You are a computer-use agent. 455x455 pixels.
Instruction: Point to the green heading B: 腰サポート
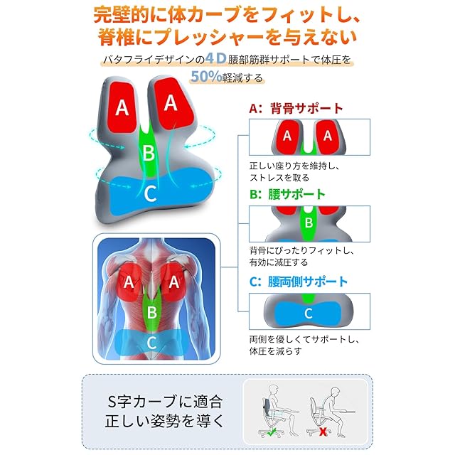click(x=287, y=194)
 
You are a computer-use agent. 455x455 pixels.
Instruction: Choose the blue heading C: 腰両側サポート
click(x=298, y=282)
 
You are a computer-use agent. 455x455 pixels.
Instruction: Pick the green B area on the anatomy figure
click(x=151, y=311)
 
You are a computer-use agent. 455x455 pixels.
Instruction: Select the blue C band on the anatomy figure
click(x=151, y=341)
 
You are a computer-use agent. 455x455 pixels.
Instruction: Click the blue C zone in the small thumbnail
click(x=308, y=313)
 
